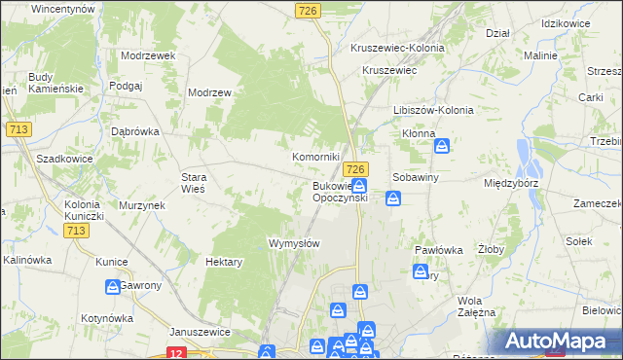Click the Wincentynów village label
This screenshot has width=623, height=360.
pos(62,8)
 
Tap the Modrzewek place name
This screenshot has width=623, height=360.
pos(147,55)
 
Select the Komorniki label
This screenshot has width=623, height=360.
pos(316,156)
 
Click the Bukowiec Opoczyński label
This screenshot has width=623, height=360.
pos(339,191)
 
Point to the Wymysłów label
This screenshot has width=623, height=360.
pos(294,243)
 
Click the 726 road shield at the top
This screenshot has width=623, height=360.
pos(308,10)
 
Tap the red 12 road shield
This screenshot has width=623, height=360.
pos(176,353)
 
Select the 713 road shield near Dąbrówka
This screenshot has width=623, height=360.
pos(17,129)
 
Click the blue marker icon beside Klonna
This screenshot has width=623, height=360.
pos(442,146)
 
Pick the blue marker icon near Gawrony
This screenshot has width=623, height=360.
pos(112,286)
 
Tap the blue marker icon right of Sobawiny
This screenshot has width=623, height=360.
pos(393,198)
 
